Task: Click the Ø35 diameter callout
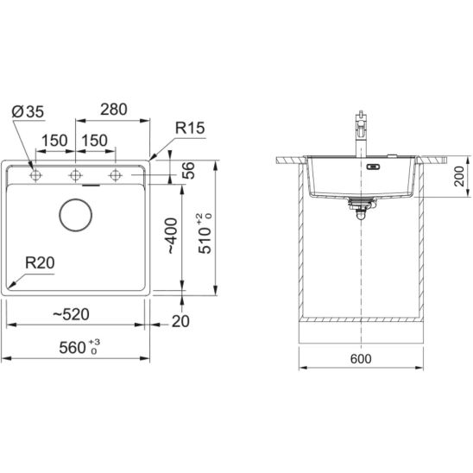coord(28,111)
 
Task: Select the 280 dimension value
coord(114,110)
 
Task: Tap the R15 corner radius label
coord(190,128)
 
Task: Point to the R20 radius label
coord(40,262)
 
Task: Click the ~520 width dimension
coord(71,314)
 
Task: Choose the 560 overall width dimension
coord(79,347)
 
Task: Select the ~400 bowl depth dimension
coord(172,236)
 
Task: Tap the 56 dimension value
coord(188,170)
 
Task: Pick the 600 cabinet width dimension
coord(361,359)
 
